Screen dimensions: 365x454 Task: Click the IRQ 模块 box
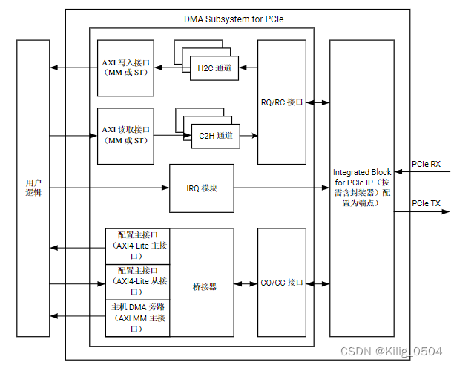201,188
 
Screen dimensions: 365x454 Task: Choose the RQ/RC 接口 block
282,102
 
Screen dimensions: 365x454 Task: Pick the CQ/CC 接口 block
282,283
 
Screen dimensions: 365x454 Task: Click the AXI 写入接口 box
125,68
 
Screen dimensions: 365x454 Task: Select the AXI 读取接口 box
125,135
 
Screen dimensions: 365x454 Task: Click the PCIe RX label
426,163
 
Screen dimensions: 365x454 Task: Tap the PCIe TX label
426,203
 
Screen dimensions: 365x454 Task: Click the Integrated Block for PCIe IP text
362,188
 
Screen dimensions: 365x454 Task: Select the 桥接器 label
201,286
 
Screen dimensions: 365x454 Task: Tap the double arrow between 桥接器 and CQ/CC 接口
246,283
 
